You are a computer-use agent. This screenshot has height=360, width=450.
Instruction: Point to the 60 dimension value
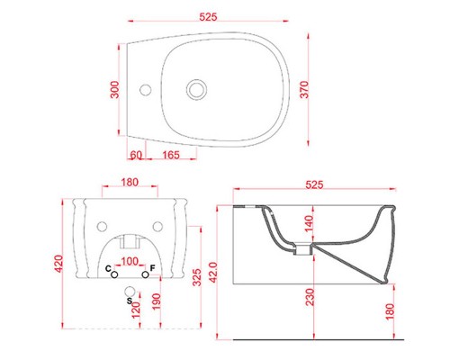[x=136, y=156]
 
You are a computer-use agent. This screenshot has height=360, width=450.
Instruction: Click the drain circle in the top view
[x=196, y=89]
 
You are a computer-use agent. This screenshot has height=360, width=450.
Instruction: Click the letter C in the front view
[x=108, y=269]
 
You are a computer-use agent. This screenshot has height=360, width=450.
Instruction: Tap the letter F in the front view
[x=153, y=269]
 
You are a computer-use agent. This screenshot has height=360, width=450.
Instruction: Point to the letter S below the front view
[x=129, y=290]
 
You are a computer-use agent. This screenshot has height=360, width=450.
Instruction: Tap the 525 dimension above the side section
[x=314, y=184]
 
